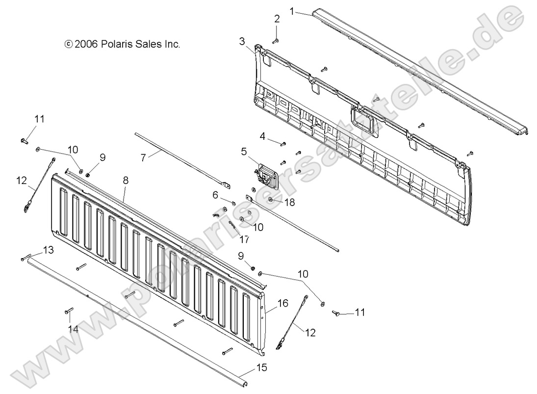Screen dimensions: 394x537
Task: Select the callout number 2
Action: click(277, 19)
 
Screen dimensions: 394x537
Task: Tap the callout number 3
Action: click(242, 41)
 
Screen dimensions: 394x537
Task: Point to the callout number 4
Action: click(263, 136)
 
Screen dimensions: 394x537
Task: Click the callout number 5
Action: click(244, 151)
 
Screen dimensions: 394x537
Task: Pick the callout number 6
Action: click(215, 195)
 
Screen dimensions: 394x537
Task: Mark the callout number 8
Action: click(126, 181)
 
